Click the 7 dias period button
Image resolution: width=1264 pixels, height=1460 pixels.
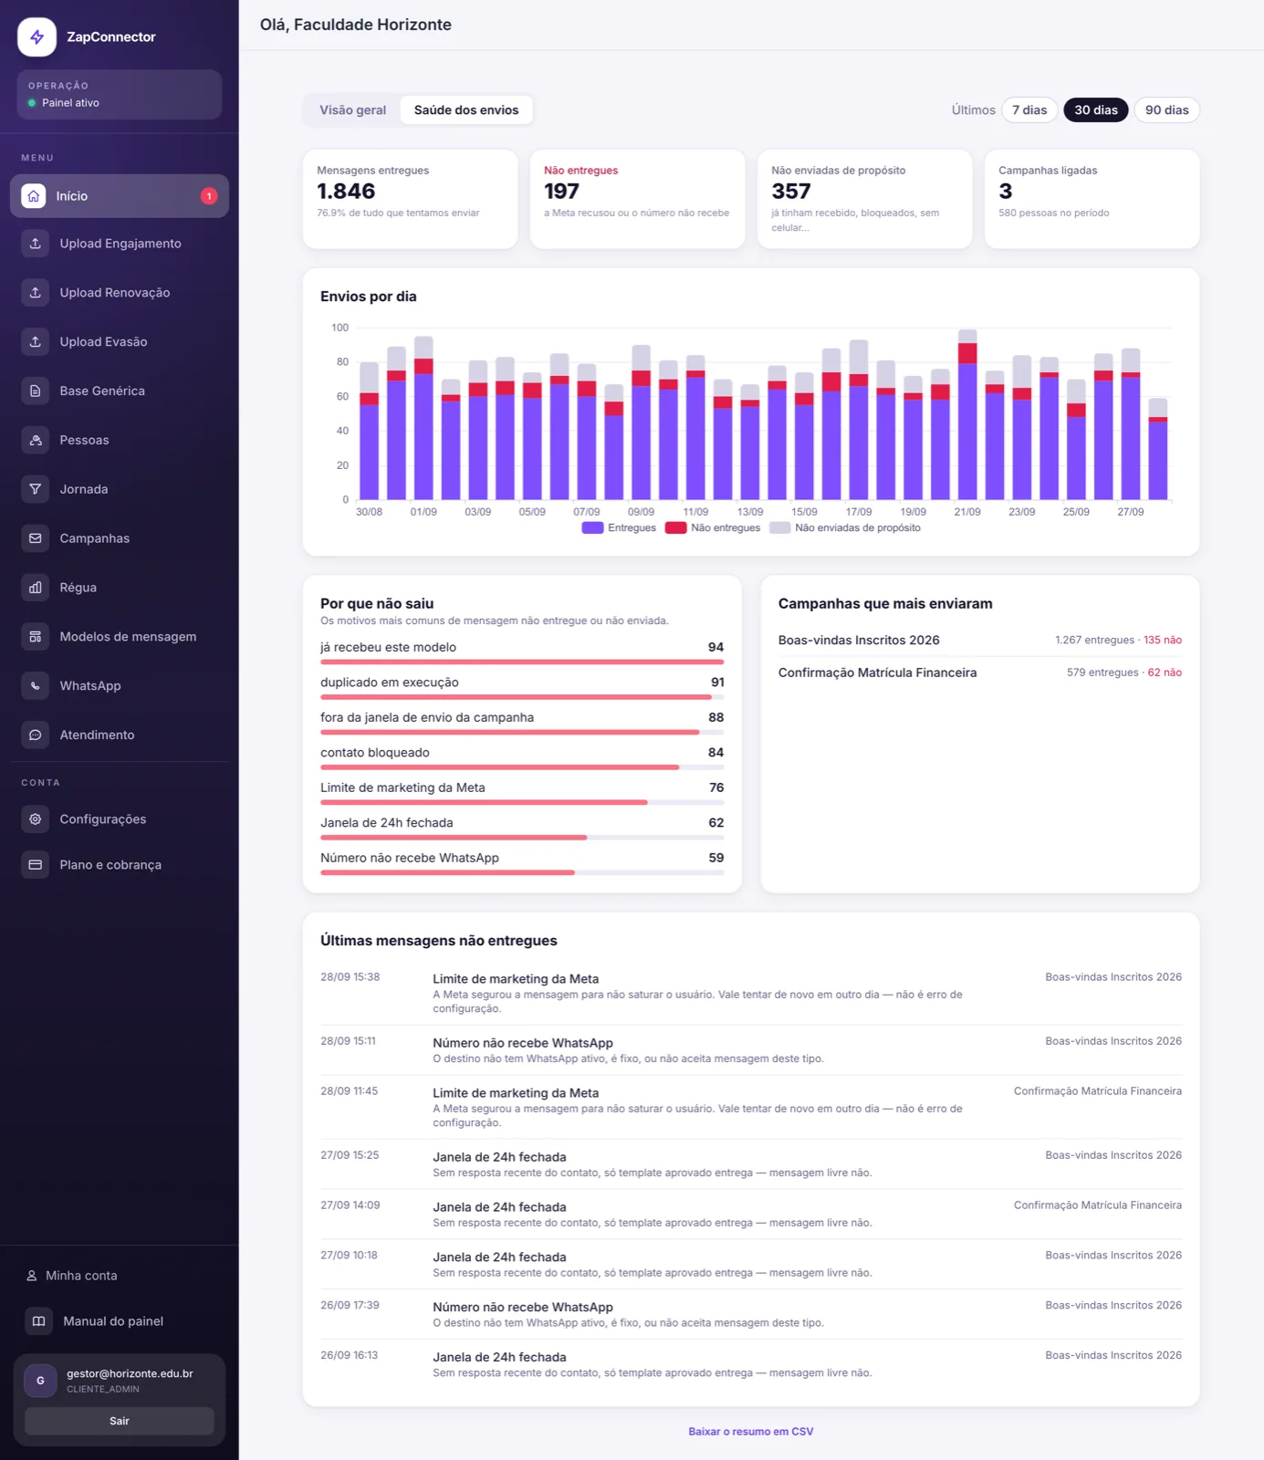1029,110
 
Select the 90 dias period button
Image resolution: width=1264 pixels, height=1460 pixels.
1166,110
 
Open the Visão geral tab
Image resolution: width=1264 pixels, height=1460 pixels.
352,110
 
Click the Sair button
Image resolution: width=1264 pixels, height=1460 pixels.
120,1421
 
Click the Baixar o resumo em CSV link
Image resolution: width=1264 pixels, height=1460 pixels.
750,1432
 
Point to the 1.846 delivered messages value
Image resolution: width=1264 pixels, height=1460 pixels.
346,192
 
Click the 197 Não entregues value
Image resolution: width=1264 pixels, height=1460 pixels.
561,192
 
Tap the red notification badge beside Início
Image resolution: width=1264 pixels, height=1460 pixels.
209,196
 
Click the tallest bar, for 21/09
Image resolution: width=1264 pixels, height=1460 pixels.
967,415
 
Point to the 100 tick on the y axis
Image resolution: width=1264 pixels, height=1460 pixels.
340,328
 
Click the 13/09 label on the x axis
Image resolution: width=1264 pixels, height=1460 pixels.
750,512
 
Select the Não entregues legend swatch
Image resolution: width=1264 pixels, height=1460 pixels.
675,527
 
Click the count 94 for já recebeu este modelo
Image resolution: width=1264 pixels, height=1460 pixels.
716,647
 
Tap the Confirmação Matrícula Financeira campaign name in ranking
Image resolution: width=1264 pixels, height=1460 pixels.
877,673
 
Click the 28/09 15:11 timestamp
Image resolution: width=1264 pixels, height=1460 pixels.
348,1041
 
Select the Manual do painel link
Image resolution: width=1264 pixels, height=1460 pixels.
113,1321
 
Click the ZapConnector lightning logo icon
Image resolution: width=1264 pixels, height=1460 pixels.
37,37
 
